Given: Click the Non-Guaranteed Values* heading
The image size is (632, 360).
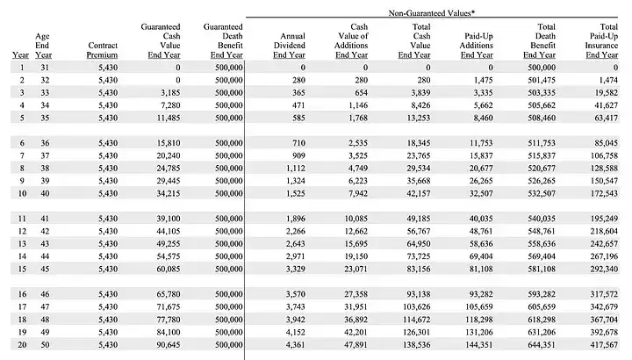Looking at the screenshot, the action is point(432,13).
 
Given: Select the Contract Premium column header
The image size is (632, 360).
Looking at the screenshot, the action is point(103,50).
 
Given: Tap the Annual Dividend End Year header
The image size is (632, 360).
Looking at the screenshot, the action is point(289,45).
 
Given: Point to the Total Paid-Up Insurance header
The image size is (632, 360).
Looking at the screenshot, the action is point(601,40).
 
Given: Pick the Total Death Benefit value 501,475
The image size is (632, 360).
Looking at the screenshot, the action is point(542,80).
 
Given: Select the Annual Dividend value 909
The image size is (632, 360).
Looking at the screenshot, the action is point(298,155).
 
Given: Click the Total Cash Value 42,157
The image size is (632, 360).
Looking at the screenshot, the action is point(418,193).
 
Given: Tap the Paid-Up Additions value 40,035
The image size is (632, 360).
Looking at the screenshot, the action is point(481,219).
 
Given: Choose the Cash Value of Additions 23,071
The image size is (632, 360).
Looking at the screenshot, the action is point(355,269).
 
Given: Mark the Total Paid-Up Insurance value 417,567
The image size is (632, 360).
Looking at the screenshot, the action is point(604,345).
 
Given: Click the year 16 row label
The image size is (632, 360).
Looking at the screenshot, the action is point(22,294).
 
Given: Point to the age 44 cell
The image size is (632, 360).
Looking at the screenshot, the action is point(45,256).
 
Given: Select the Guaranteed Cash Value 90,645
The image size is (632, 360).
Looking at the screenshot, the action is point(168,345).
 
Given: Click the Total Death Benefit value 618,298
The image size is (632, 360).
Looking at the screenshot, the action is point(542,320).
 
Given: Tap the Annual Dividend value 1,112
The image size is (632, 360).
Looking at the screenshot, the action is point(296,168).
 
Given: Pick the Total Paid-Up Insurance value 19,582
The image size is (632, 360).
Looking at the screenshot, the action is point(606,93).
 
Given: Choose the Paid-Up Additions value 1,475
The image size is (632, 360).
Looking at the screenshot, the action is point(483,80).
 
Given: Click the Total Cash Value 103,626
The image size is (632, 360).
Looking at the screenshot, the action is point(416,306).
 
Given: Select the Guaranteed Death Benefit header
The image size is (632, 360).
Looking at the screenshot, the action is point(223,40).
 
